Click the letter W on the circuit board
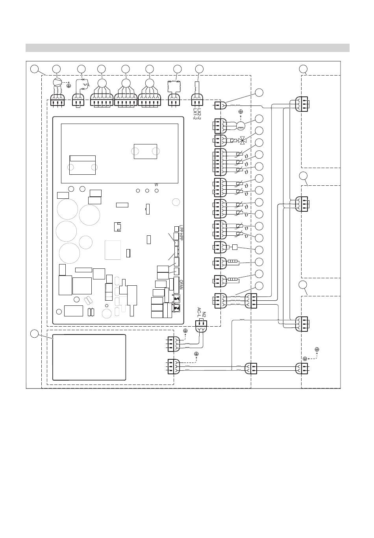point(156,185)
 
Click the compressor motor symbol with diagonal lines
point(57,82)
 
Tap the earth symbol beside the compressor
point(69,85)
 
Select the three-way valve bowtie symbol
point(241,141)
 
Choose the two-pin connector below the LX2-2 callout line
point(198,100)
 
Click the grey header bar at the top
point(187,48)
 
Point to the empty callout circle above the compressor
point(57,69)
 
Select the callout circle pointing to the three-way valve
point(259,131)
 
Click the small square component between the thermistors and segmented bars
point(235,247)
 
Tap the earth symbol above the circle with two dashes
point(241,112)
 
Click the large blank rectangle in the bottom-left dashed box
point(89,357)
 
